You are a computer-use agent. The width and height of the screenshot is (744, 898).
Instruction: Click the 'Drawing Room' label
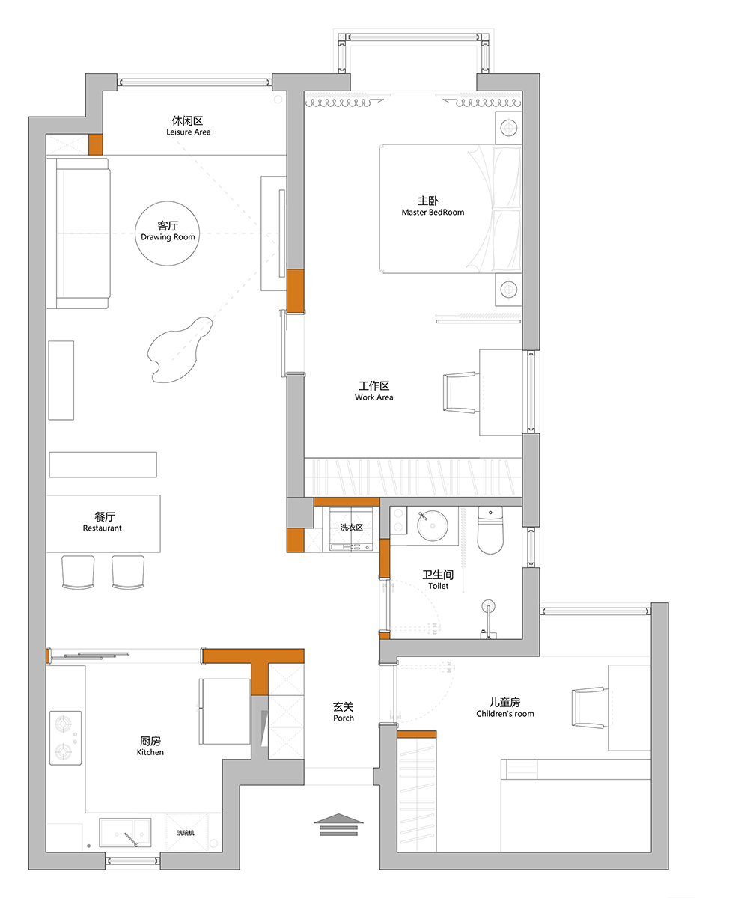tap(168, 237)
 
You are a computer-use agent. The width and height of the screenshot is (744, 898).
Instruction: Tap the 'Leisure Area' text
tap(189, 132)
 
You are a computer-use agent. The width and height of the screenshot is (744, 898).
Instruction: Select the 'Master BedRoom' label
tap(433, 212)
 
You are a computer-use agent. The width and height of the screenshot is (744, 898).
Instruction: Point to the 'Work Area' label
tap(374, 397)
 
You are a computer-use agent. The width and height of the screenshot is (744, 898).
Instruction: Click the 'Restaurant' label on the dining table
tap(103, 528)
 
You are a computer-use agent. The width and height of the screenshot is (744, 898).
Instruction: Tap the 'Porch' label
tap(344, 718)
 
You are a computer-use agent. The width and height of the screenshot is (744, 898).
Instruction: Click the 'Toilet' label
tap(438, 586)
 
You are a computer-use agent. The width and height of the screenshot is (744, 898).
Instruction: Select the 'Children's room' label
tap(505, 714)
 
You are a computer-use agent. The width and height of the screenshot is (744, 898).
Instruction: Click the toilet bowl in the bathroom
tap(490, 531)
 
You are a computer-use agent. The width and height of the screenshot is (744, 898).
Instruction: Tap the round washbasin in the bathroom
tap(432, 525)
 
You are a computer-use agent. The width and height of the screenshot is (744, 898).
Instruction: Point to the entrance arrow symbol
tap(338, 825)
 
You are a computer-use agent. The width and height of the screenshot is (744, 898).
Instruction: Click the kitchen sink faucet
tap(131, 840)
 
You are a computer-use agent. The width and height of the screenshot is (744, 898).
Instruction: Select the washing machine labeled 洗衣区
tap(351, 529)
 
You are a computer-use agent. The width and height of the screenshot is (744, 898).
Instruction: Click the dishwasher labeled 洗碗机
tap(186, 833)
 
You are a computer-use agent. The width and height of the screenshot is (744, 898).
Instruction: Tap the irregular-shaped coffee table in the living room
tap(179, 350)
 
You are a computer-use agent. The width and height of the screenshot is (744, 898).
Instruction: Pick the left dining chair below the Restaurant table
tap(78, 572)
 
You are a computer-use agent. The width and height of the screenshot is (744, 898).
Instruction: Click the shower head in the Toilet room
tap(489, 606)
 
